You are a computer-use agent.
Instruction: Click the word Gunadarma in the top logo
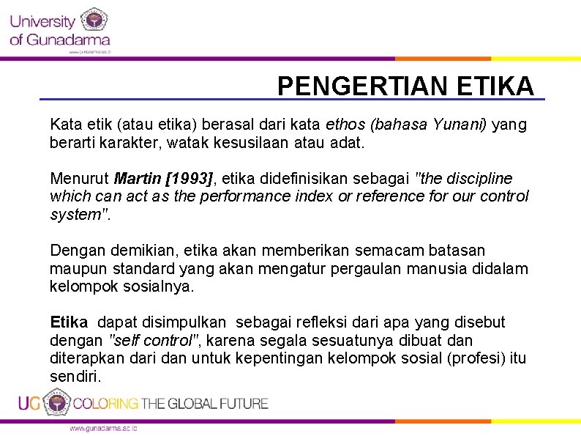pyautogui.click(x=69, y=40)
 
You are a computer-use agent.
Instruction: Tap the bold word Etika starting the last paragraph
pyautogui.click(x=69, y=322)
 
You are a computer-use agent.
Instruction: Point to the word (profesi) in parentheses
pyautogui.click(x=474, y=358)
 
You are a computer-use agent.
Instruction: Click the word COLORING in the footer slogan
pyautogui.click(x=105, y=403)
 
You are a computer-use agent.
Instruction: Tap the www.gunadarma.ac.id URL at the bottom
pyautogui.click(x=102, y=428)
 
